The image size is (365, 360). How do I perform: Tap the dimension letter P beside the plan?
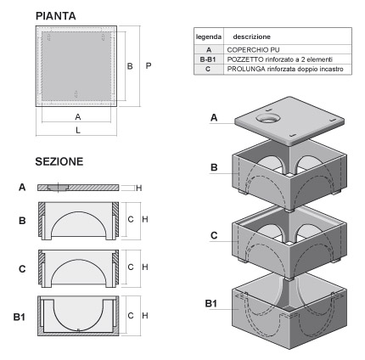coord(149,65)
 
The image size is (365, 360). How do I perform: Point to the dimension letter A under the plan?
coord(78,115)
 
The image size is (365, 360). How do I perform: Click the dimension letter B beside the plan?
coord(130,65)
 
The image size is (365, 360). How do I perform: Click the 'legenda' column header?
coord(209,37)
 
